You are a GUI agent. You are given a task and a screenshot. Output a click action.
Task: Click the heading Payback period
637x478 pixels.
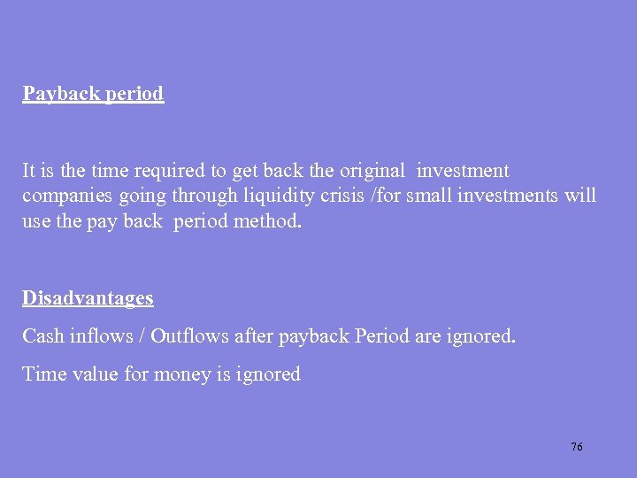tap(93, 94)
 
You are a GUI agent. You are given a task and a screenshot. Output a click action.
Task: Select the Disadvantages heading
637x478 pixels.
tap(88, 298)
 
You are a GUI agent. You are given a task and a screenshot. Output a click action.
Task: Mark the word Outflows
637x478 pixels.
tap(188, 336)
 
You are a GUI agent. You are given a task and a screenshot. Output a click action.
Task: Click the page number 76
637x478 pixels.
tap(576, 447)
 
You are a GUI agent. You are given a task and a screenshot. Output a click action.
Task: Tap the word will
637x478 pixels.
tap(581, 195)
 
